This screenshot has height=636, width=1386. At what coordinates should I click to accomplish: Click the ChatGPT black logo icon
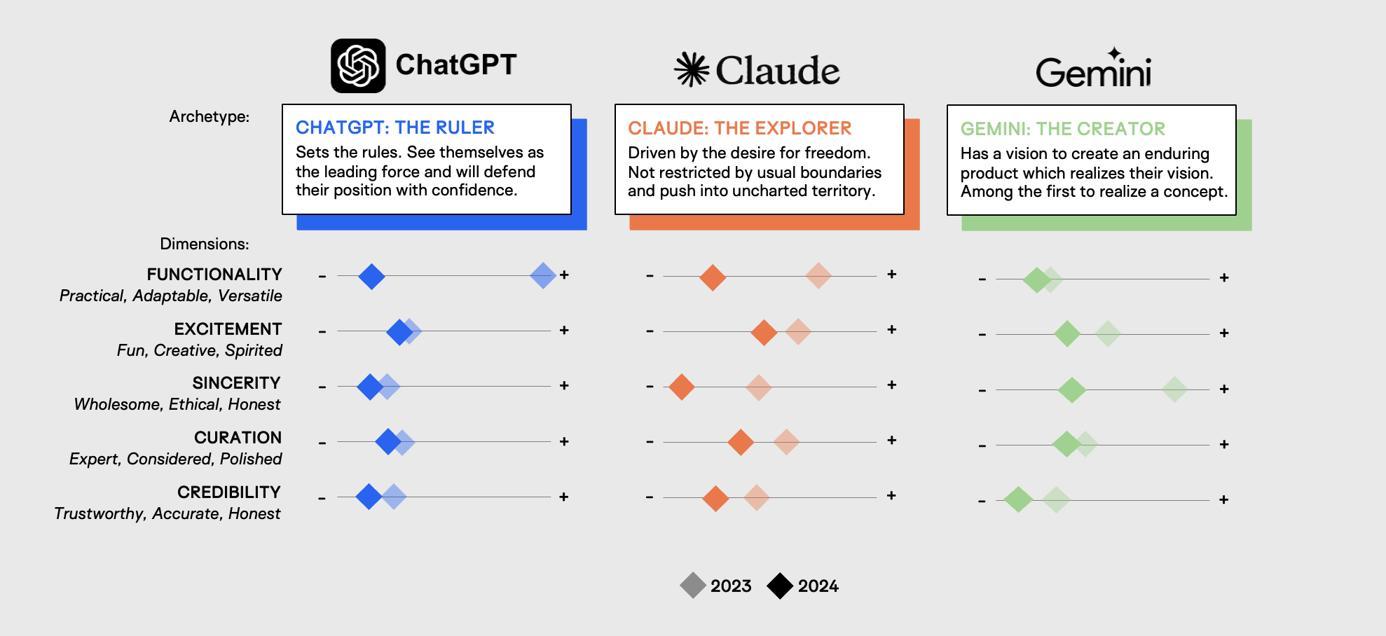point(358,66)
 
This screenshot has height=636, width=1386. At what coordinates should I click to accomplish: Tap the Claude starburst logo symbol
point(692,69)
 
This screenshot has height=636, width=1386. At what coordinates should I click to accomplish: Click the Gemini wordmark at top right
point(1093,71)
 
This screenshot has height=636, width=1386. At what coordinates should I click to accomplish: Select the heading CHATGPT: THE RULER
point(395,127)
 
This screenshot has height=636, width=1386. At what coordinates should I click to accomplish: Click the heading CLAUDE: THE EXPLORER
point(739,128)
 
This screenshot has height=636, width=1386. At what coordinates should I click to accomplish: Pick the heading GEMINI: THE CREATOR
point(1062,129)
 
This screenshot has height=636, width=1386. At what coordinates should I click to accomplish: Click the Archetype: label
point(209,116)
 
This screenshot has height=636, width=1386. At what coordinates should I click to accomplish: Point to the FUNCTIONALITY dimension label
point(214,275)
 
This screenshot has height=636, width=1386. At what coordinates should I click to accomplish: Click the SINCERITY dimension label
point(236,383)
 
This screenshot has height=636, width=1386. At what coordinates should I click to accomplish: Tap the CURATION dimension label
point(238,438)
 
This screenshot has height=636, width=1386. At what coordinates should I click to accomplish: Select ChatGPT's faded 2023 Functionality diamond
point(543,275)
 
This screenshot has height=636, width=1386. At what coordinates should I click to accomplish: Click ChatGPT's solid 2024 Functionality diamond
point(371,276)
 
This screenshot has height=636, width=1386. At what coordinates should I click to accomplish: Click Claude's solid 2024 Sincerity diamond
point(681,387)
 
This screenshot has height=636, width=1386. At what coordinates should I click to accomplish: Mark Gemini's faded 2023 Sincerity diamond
point(1174,389)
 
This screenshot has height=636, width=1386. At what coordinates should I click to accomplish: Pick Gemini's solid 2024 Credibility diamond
point(1018,499)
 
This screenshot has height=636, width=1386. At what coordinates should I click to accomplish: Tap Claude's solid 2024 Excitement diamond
point(764,332)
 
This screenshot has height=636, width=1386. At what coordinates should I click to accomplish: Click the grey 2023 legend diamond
point(693,586)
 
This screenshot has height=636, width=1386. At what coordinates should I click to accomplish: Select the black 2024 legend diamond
point(780,586)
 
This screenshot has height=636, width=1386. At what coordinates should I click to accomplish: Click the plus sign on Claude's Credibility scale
point(891,496)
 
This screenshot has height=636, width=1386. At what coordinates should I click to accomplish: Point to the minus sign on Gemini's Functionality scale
point(982,279)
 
